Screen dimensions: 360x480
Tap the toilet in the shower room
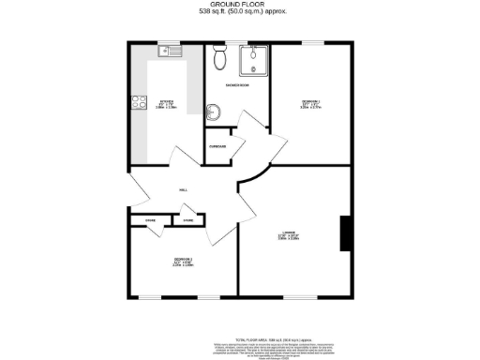pyautogui.click(x=219, y=59)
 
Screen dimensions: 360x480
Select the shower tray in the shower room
pyautogui.click(x=251, y=61)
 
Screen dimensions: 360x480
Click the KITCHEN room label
pyautogui.click(x=166, y=100)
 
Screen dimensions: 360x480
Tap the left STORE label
pyautogui.click(x=150, y=220)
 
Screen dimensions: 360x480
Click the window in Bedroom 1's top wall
pyautogui.click(x=309, y=42)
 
